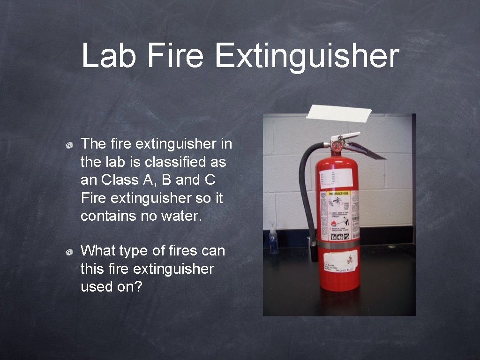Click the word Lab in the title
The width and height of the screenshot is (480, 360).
coord(109,56)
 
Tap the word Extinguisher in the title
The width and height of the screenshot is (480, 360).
coord(307,56)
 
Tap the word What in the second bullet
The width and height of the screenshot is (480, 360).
coord(98,251)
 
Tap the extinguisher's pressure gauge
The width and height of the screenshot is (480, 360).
coord(337,146)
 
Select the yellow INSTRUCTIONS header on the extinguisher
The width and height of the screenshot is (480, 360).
coord(338,193)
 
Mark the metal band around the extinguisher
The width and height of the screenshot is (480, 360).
coord(338,245)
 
